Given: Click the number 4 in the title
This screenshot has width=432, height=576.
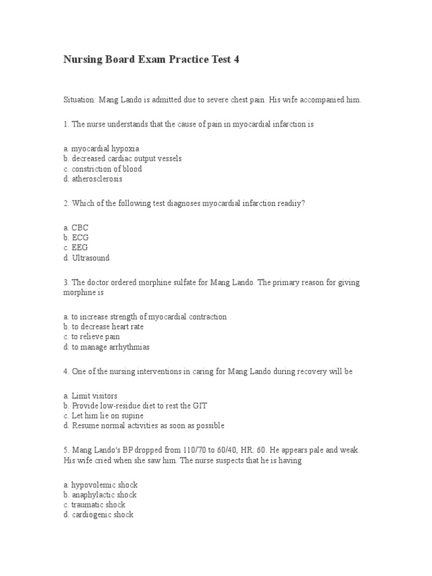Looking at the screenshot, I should (x=236, y=60).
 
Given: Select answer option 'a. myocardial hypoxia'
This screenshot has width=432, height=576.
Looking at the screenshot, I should (x=101, y=148).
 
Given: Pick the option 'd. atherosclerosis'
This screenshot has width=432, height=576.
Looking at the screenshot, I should (x=93, y=179).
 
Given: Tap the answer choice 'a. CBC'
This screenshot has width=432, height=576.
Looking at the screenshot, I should (x=76, y=228).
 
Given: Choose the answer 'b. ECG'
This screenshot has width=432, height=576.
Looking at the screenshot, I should (x=76, y=238).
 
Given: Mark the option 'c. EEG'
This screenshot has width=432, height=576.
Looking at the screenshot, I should (x=76, y=248).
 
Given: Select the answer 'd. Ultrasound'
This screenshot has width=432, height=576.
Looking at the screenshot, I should (x=87, y=258).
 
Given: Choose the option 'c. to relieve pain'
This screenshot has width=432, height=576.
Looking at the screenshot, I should (x=92, y=337).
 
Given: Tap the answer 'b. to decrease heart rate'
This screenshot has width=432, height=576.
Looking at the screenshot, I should (x=104, y=327).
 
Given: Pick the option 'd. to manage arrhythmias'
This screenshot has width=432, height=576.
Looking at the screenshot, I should (x=106, y=347).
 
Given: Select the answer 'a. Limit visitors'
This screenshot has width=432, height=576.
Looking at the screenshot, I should (x=91, y=396).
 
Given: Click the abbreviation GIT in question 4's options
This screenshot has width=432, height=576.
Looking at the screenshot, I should (x=200, y=406).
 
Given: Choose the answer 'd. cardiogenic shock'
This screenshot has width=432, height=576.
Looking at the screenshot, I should (x=98, y=515).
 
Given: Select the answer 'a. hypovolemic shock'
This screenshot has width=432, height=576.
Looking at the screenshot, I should (x=101, y=484).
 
